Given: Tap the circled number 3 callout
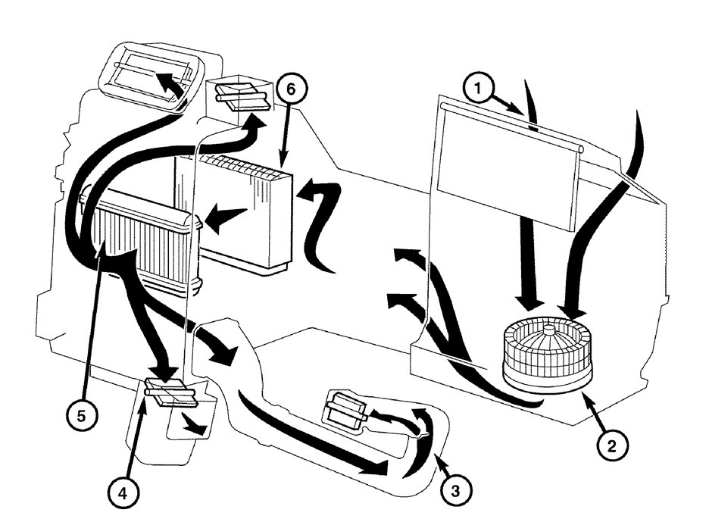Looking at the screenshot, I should point(455,489).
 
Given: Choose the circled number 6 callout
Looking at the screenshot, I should point(291,89).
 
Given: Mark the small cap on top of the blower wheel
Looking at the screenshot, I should point(547,332).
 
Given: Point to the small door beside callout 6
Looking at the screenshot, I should point(239,95).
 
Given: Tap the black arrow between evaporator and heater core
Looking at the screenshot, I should point(228,217).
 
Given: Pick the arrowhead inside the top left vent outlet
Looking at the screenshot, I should point(167,80).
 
